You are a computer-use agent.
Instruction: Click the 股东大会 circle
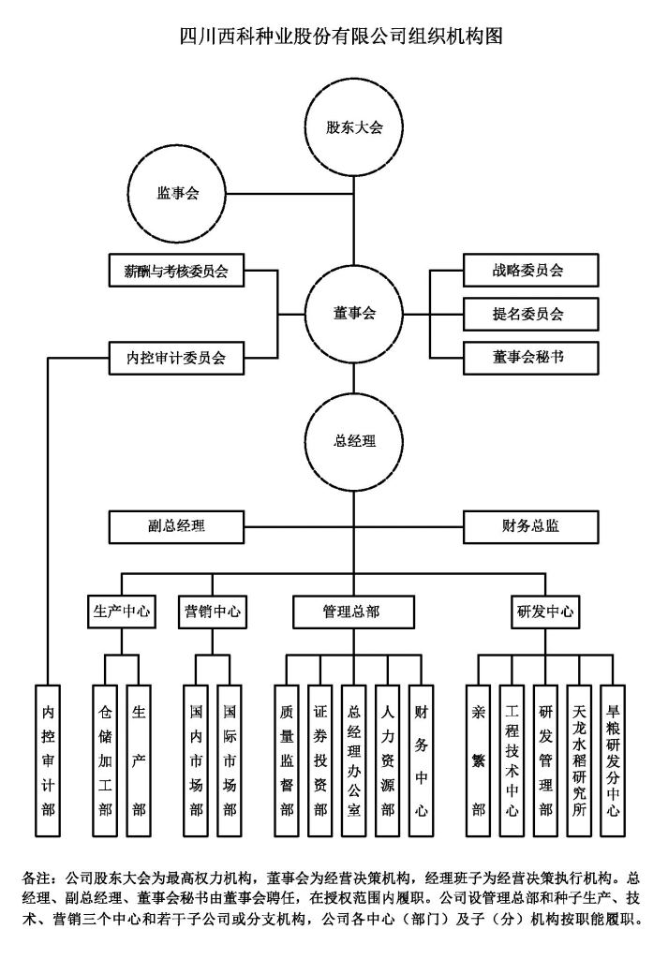354,127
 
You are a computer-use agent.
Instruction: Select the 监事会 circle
177,194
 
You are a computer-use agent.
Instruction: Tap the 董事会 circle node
354,314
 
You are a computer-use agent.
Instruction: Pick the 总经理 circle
354,439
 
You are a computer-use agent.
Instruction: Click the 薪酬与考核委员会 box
176,272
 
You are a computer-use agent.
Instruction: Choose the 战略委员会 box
528,272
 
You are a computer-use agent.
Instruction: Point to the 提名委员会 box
528,314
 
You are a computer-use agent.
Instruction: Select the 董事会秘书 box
528,356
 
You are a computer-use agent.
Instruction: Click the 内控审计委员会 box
176,357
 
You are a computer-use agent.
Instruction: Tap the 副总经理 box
176,525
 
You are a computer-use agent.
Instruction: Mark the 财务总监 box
530,525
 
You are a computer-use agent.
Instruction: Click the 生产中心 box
122,612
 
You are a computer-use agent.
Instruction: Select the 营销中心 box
213,612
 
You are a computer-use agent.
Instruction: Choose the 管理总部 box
353,612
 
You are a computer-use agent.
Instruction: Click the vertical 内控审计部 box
48,760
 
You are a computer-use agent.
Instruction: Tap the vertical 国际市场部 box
230,760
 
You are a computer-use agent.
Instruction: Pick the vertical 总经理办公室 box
353,760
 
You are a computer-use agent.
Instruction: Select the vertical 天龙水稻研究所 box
580,760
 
